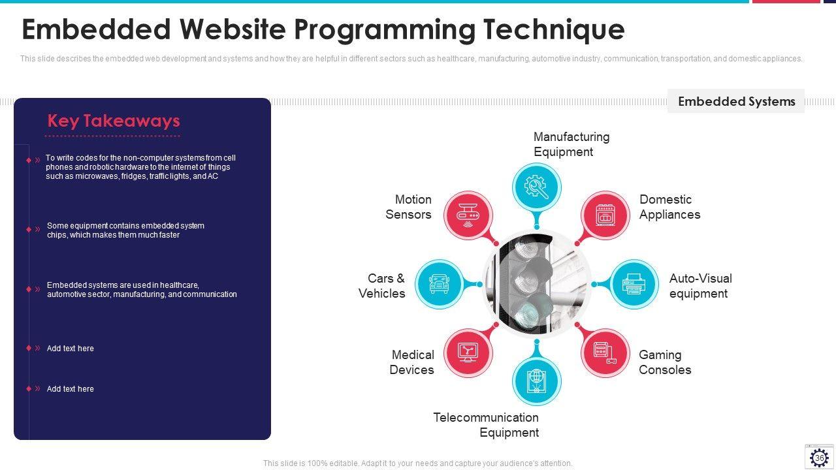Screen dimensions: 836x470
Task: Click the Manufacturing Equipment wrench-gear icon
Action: click(536, 187)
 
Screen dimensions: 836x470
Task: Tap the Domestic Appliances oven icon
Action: click(605, 215)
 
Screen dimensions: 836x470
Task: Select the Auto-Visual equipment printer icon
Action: click(634, 284)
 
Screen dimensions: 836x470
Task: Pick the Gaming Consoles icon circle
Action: click(605, 353)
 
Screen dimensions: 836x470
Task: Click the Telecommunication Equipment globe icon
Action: click(536, 381)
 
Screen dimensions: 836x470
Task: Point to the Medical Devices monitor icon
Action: click(468, 353)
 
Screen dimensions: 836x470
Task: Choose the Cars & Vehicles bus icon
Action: click(439, 284)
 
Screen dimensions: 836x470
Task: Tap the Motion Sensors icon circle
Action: click(468, 215)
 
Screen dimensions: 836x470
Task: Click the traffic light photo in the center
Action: click(536, 284)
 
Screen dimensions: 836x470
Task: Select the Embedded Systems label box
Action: click(736, 101)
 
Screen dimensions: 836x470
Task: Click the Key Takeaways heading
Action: click(114, 121)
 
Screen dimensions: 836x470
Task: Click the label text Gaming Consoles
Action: click(665, 362)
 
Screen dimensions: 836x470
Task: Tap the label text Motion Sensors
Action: click(409, 207)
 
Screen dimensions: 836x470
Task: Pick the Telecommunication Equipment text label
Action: click(486, 425)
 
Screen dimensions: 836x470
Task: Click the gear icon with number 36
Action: click(819, 457)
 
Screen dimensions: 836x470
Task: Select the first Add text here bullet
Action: click(70, 349)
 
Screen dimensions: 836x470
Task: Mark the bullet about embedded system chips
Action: click(125, 230)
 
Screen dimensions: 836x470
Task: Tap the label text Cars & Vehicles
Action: click(383, 286)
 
